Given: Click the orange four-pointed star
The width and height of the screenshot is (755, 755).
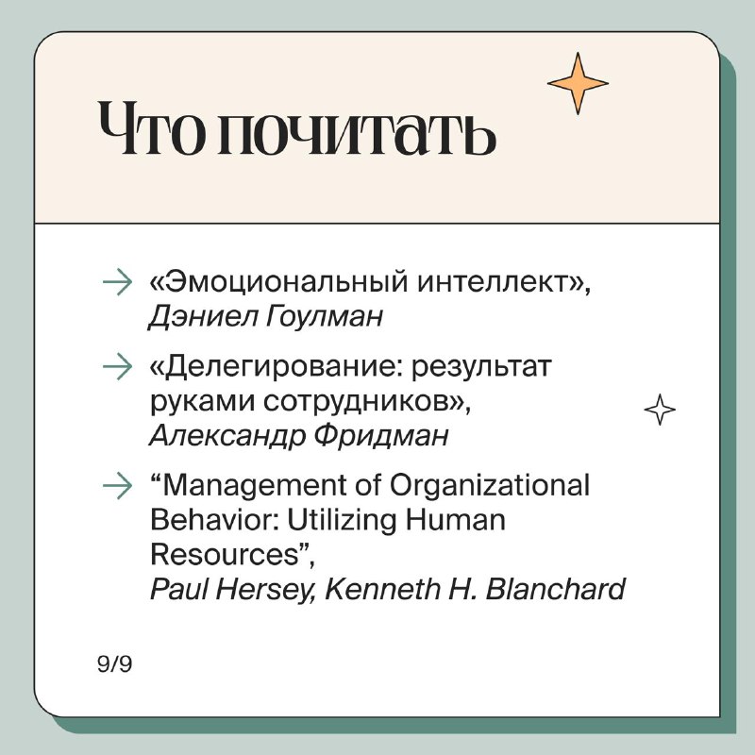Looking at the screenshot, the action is click(x=578, y=83).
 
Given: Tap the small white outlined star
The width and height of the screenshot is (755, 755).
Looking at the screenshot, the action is click(x=660, y=410).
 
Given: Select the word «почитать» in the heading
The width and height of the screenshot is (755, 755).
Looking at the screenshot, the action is click(x=357, y=129).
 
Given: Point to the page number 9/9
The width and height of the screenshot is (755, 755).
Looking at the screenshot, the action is click(x=114, y=664).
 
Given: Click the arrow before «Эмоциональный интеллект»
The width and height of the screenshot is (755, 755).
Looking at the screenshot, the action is click(x=117, y=281).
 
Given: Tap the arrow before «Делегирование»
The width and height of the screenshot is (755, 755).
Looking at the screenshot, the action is click(x=117, y=366).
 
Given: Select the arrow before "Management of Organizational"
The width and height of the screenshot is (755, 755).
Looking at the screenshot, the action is click(x=117, y=485).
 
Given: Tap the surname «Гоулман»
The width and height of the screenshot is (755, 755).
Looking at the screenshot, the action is click(x=325, y=317).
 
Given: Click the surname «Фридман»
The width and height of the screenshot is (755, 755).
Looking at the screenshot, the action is click(x=381, y=436).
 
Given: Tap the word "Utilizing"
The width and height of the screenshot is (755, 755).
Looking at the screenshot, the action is click(x=343, y=521).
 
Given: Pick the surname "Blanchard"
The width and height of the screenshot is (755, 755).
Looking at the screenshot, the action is click(x=556, y=589).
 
